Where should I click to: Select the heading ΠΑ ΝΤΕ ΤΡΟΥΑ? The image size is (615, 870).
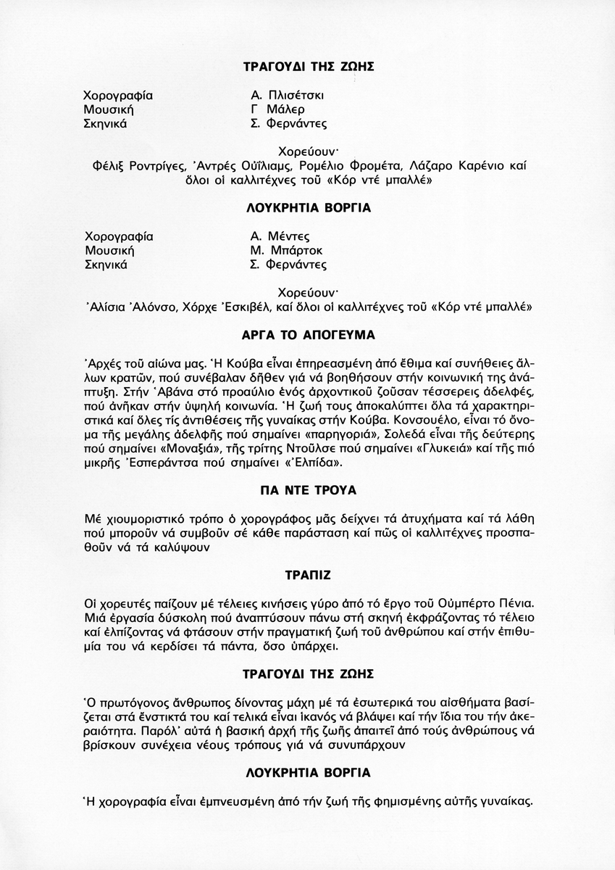308,491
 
